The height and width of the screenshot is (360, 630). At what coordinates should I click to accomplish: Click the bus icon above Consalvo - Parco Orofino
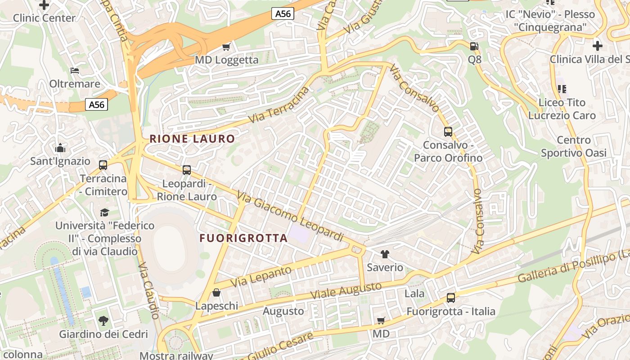click(448, 132)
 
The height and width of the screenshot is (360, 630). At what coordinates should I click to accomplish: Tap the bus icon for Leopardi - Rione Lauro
click(187, 170)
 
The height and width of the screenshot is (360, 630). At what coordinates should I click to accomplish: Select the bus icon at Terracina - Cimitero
click(103, 165)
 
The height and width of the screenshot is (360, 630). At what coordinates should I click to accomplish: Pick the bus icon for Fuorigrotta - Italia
click(450, 298)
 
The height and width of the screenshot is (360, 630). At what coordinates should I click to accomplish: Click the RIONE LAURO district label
click(192, 139)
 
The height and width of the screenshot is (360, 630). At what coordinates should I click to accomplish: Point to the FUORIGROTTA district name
click(243, 238)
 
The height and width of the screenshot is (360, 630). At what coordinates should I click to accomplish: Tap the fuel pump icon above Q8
click(474, 46)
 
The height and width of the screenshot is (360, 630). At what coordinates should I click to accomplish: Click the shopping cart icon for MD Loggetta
click(226, 47)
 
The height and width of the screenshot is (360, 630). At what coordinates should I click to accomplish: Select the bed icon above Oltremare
click(75, 71)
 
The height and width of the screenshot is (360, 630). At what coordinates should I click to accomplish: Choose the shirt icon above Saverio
click(385, 254)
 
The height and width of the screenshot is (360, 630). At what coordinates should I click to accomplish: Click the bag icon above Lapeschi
click(216, 293)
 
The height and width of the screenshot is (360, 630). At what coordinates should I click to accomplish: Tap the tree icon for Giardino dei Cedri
click(103, 321)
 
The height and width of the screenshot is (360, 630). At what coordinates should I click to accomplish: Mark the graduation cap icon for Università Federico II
click(104, 212)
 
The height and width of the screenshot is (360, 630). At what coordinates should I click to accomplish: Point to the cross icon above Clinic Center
click(44, 5)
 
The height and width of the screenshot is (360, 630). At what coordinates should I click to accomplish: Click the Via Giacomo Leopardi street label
click(290, 217)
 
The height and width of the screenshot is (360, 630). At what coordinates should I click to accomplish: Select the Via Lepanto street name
click(261, 277)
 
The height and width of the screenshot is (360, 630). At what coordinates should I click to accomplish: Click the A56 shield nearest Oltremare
click(96, 105)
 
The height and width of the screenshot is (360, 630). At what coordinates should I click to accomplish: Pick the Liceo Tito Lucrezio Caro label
click(562, 109)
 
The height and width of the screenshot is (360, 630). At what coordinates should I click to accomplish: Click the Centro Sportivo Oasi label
click(573, 147)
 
